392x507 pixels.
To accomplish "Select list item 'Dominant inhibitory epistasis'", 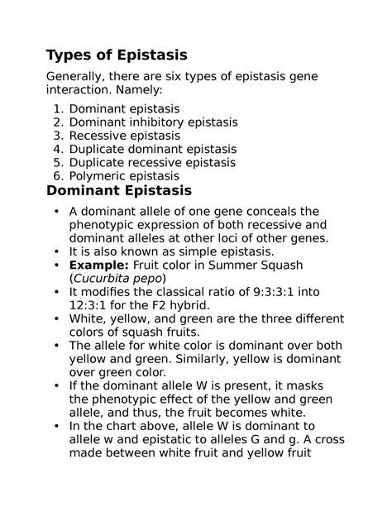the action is (153, 122).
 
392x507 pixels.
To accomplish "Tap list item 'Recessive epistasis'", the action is (124, 135).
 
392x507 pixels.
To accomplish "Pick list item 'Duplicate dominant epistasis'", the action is (152, 149).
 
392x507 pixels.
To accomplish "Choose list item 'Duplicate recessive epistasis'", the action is (153, 162).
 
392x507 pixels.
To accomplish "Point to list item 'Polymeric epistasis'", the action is (124, 176).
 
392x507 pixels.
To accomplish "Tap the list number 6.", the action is (55, 176).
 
